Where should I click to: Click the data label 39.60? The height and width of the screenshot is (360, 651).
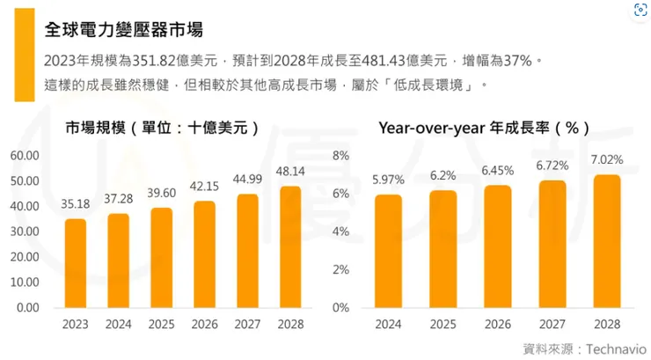tap(162, 194)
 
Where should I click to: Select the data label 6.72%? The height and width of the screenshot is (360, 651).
tap(553, 165)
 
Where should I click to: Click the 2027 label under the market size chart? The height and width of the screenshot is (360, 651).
tap(247, 324)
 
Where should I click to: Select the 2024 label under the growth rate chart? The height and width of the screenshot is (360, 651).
tap(388, 324)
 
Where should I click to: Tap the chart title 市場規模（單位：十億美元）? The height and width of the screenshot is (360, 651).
tap(162, 128)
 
